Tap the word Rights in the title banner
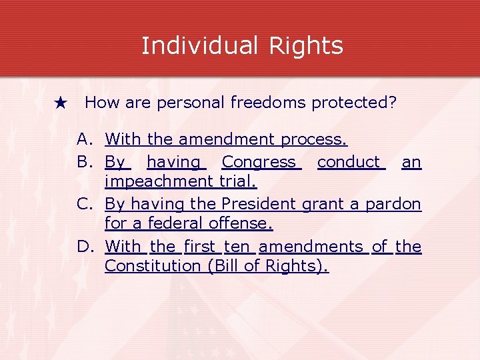pyautogui.click(x=306, y=45)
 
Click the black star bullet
pyautogui.click(x=61, y=103)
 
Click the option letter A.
pyautogui.click(x=84, y=139)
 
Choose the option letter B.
pyautogui.click(x=84, y=162)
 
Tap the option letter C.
pyautogui.click(x=84, y=203)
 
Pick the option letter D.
pyautogui.click(x=84, y=247)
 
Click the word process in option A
pyautogui.click(x=313, y=140)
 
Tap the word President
pyautogui.click(x=259, y=203)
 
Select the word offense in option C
pyautogui.click(x=245, y=223)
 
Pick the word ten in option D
pyautogui.click(x=237, y=247)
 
